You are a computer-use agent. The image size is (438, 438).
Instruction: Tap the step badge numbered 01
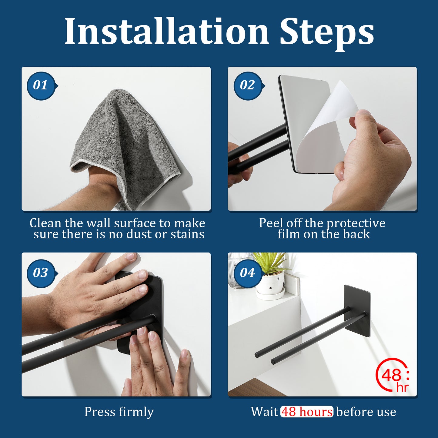41,86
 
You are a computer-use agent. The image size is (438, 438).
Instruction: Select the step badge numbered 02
248,86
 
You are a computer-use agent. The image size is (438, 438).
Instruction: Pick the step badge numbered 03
41,273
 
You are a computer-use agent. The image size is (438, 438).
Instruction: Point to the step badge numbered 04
248,273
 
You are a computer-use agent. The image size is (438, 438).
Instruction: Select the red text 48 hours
307,412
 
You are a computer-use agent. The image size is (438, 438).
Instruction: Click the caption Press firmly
119,412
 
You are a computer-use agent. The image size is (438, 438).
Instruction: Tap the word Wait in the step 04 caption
264,412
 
